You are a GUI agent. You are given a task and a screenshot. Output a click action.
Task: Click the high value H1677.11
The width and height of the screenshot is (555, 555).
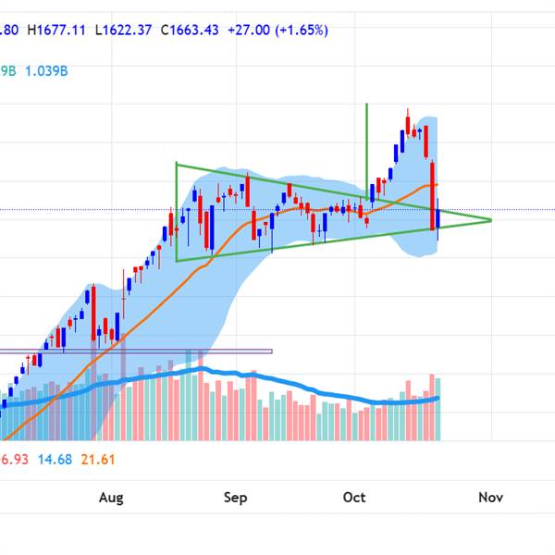pyautogui.click(x=57, y=30)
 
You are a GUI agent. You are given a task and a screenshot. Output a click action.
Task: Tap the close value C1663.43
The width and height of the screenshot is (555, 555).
pyautogui.click(x=190, y=30)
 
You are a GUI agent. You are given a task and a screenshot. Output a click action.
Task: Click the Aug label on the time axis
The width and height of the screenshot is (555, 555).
pyautogui.click(x=111, y=498)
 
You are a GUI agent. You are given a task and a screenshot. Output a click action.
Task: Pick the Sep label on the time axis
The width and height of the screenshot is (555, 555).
pyautogui.click(x=236, y=498)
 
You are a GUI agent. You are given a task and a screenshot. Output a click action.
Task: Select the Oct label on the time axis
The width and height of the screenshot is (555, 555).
pyautogui.click(x=354, y=498)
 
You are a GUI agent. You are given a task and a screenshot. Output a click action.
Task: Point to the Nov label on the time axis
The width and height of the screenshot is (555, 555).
pyautogui.click(x=490, y=498)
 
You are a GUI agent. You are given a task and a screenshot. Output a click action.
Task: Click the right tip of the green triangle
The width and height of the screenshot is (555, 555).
pyautogui.click(x=489, y=220)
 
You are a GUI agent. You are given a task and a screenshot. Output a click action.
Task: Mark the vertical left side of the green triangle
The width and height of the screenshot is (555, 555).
pyautogui.click(x=176, y=213)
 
